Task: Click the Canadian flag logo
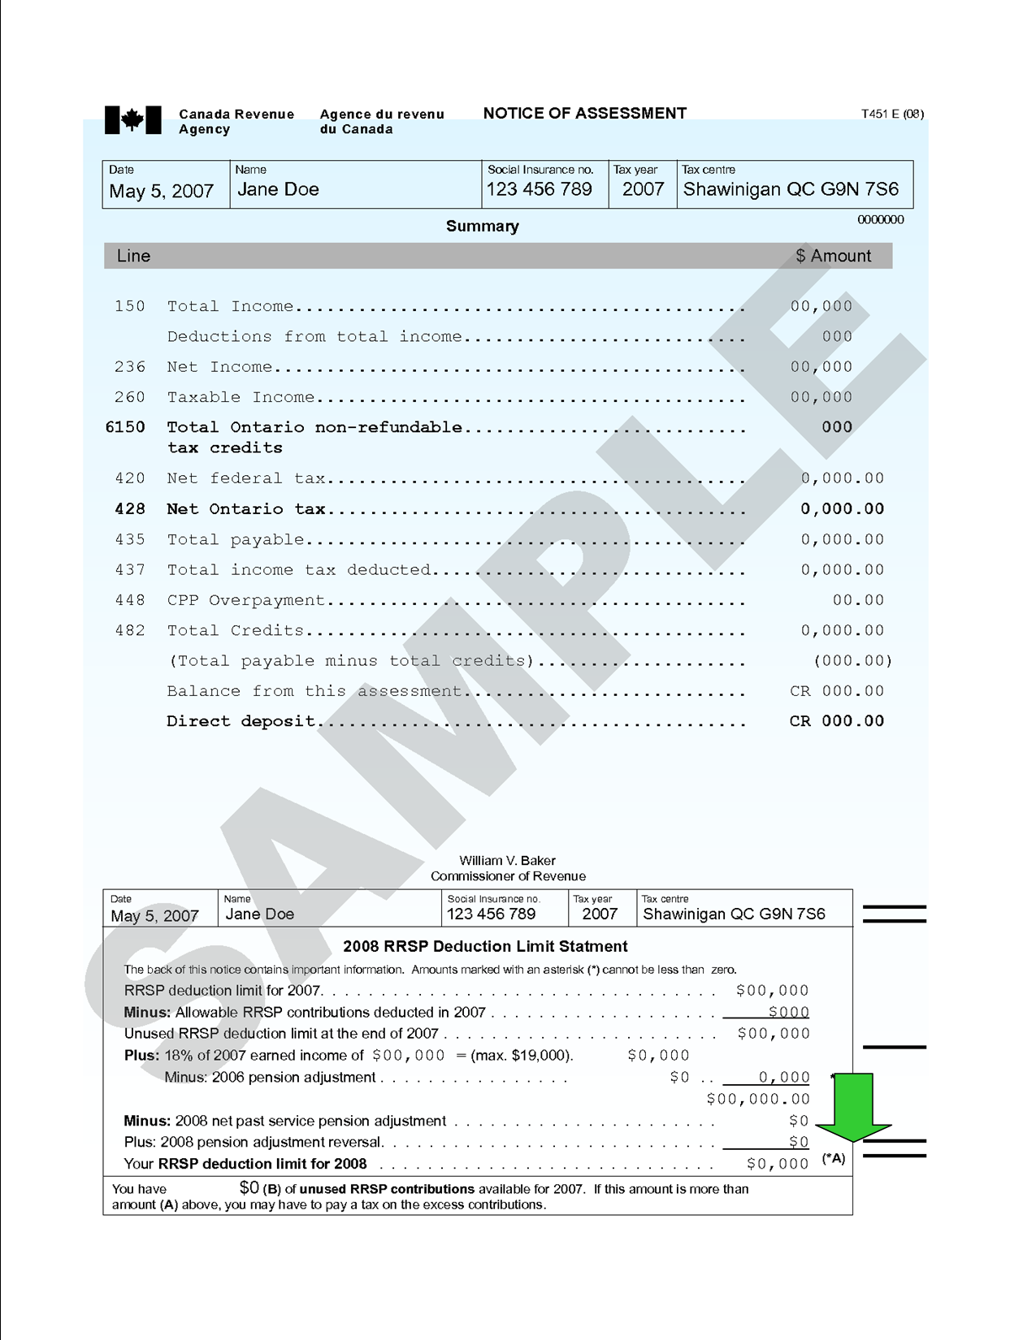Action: coord(132,120)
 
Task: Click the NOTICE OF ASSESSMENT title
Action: coord(584,114)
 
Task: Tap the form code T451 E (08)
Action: coord(892,114)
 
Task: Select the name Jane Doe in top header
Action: coord(278,190)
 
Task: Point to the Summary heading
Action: coord(482,227)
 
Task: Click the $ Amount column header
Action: coord(833,256)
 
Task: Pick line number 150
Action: coord(130,306)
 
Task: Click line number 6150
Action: coord(126,427)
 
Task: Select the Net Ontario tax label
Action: coord(246,509)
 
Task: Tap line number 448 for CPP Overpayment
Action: coord(130,600)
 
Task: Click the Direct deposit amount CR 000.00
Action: coord(836,721)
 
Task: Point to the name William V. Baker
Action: coord(507,861)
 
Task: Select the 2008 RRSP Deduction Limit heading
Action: coord(485,946)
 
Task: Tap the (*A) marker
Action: coord(834,1159)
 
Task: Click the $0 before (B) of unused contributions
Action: coord(249,1187)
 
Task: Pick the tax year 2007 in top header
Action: coord(643,190)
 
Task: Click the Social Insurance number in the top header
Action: coord(539,190)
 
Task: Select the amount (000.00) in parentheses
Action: coord(852,661)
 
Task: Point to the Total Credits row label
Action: coord(236,631)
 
